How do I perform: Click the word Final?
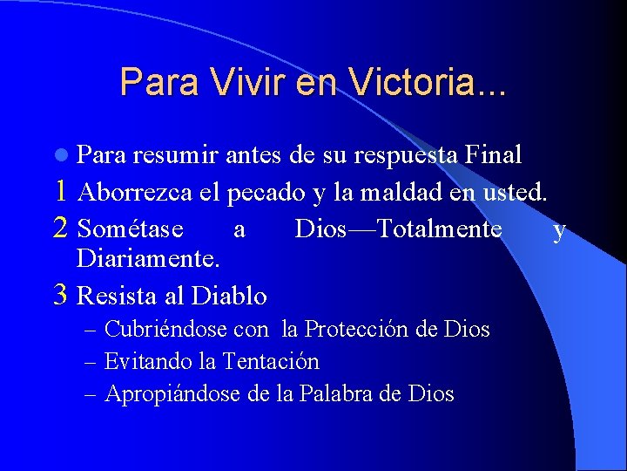point(494,155)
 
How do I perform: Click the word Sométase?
point(131,229)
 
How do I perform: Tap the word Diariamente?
point(147,259)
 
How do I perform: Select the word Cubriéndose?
point(166,330)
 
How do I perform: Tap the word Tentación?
point(271,361)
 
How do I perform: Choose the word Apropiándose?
point(173,393)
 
